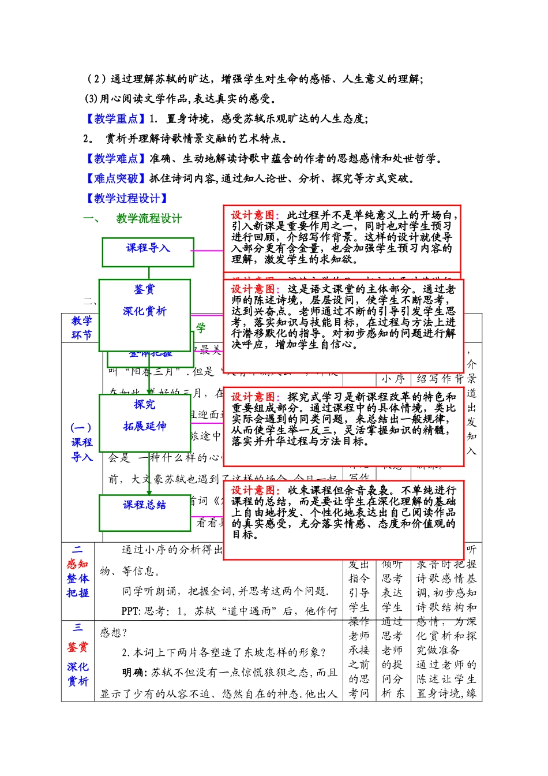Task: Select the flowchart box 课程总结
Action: [144, 505]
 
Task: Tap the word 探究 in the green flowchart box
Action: [144, 404]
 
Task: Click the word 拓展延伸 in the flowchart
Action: [144, 426]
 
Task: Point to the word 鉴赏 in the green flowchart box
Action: [144, 289]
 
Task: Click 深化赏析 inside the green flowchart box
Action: [144, 311]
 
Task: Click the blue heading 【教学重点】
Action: [115, 119]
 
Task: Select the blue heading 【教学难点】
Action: [115, 159]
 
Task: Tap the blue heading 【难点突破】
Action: [115, 178]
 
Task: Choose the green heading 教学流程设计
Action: [149, 218]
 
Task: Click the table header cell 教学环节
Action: [81, 327]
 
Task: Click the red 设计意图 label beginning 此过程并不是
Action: [253, 215]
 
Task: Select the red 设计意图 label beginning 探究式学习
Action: [253, 397]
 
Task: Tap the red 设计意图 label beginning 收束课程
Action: [253, 491]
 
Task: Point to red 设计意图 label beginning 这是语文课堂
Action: [253, 289]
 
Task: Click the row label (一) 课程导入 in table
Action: [81, 442]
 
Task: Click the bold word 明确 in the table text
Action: [133, 673]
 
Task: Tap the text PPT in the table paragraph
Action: [130, 611]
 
